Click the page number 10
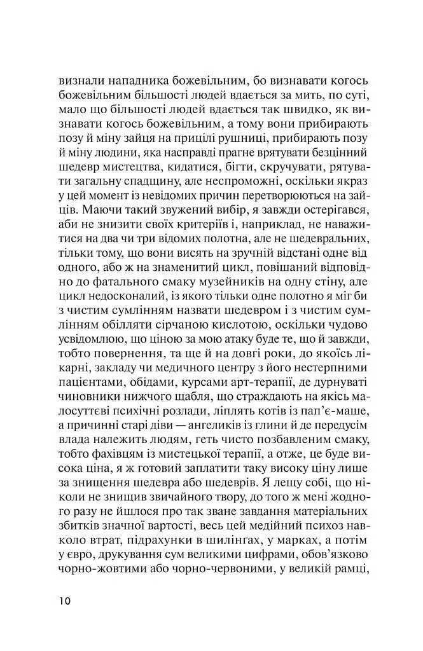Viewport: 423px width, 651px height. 65,601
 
